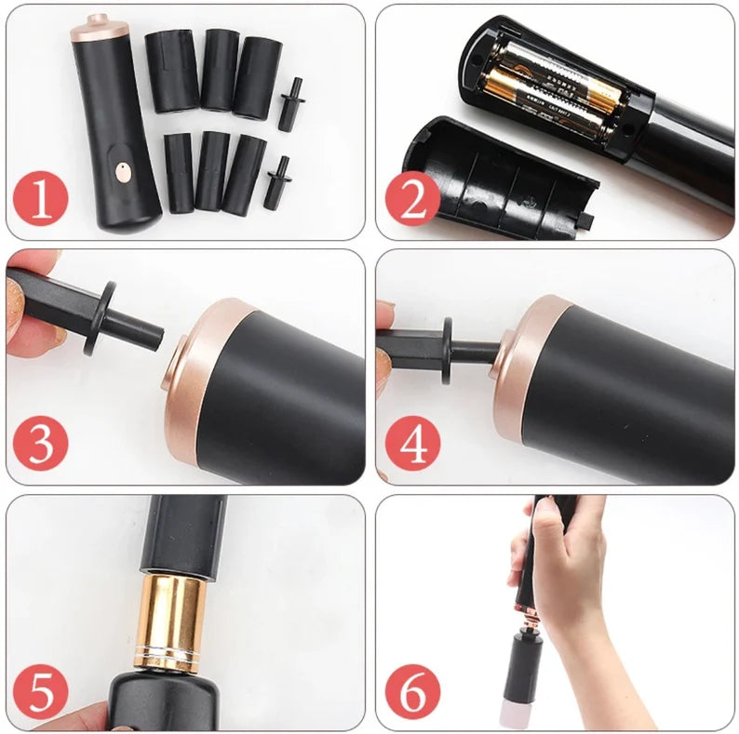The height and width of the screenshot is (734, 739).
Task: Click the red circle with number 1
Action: [40, 202]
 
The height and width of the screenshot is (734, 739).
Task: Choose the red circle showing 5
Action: [40, 693]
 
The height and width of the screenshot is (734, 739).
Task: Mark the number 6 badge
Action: [412, 693]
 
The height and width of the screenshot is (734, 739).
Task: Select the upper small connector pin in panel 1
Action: [290, 104]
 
